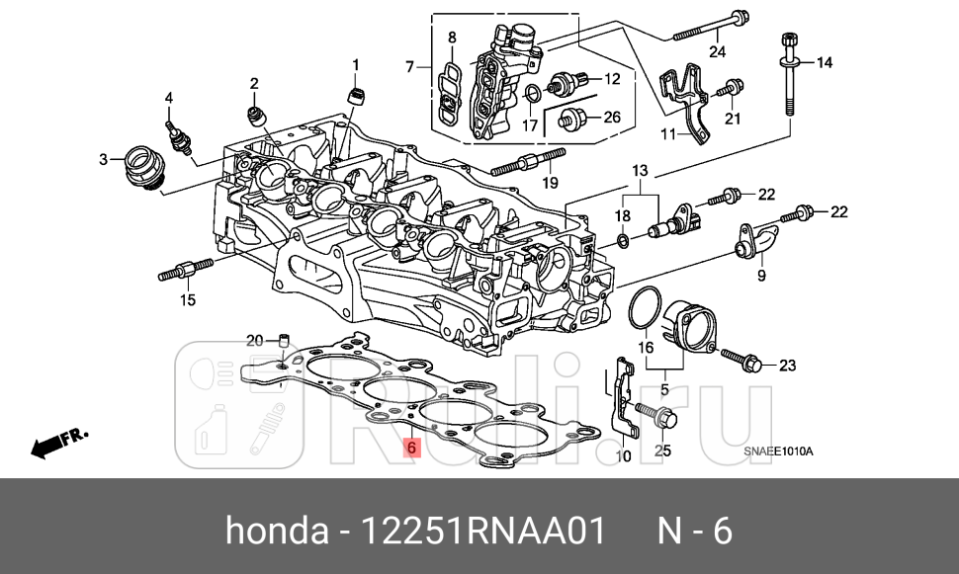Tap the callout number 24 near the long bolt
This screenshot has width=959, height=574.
click(717, 51)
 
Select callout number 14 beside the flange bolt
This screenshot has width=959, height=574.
click(824, 62)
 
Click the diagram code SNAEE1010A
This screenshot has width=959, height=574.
click(778, 452)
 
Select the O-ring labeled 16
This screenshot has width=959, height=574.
click(644, 308)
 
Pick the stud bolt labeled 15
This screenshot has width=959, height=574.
click(186, 270)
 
